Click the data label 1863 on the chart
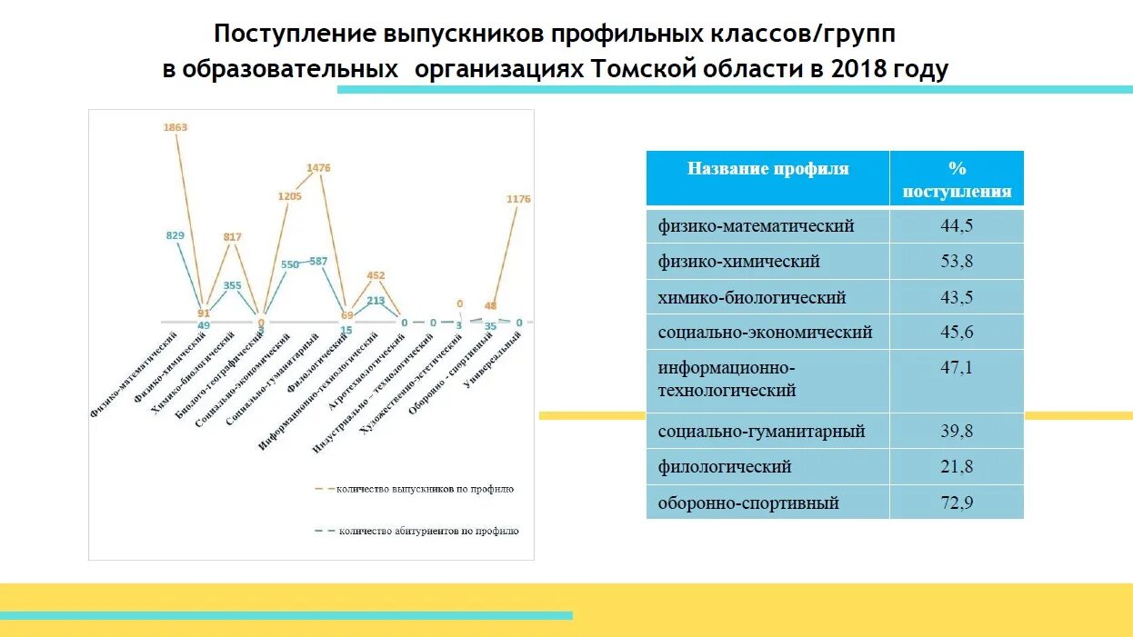(175, 128)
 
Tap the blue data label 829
(175, 235)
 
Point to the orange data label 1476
(318, 168)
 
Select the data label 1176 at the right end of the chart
(518, 199)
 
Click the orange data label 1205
(289, 196)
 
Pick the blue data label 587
(318, 262)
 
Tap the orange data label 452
(376, 275)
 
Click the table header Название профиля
(767, 169)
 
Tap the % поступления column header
(957, 179)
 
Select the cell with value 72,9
(957, 503)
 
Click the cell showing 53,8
(957, 262)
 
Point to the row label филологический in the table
(725, 467)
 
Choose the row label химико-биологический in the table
(752, 298)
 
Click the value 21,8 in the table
(957, 467)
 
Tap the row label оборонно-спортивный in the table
(748, 503)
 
